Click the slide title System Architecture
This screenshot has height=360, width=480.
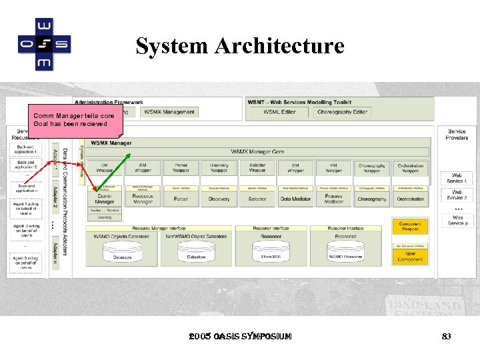point(240,46)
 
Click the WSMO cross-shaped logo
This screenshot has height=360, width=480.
point(44,44)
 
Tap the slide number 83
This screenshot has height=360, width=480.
point(446,337)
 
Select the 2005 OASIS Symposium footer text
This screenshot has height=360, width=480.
point(240,337)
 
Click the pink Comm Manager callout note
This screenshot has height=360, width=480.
point(74,120)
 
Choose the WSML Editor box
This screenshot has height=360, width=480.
point(279,112)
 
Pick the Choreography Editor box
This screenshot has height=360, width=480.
point(342,112)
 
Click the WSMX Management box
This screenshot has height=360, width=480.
point(169,112)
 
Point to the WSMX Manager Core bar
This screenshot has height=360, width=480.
point(257,152)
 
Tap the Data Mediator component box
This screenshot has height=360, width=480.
point(295,199)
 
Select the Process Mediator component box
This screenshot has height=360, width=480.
point(334,199)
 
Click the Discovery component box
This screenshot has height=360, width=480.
point(219,199)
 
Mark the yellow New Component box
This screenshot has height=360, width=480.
point(410,256)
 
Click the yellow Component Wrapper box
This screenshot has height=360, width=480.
point(410,227)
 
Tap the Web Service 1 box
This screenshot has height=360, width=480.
point(457,178)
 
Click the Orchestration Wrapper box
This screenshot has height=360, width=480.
point(411,168)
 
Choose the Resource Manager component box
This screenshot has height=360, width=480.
point(143,199)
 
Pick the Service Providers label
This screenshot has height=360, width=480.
point(457,135)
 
